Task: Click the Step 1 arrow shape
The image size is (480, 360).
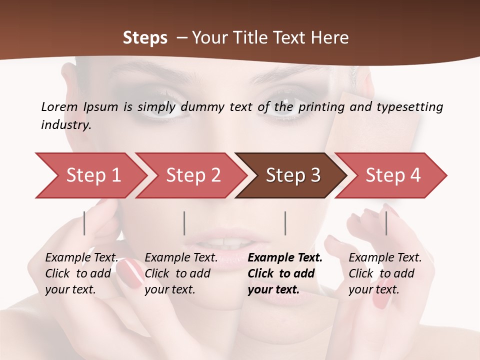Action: coord(92,175)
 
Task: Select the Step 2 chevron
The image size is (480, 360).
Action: coord(192,175)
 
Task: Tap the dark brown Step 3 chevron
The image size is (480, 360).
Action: coord(292,175)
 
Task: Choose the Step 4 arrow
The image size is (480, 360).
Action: coord(392,175)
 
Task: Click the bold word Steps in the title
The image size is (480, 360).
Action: coord(145,38)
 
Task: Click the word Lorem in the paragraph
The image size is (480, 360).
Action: coord(59,106)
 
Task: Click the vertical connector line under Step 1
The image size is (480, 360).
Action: coord(84,223)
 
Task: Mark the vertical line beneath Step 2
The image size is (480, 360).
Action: coord(184,223)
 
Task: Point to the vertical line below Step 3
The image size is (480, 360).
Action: coord(285,223)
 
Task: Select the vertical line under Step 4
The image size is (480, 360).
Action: coord(386,223)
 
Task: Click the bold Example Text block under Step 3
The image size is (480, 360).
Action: coord(285,273)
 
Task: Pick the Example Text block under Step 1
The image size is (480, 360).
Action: coord(81,273)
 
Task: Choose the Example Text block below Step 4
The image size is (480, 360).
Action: coord(385,273)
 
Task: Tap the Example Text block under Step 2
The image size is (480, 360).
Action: coord(181,273)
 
